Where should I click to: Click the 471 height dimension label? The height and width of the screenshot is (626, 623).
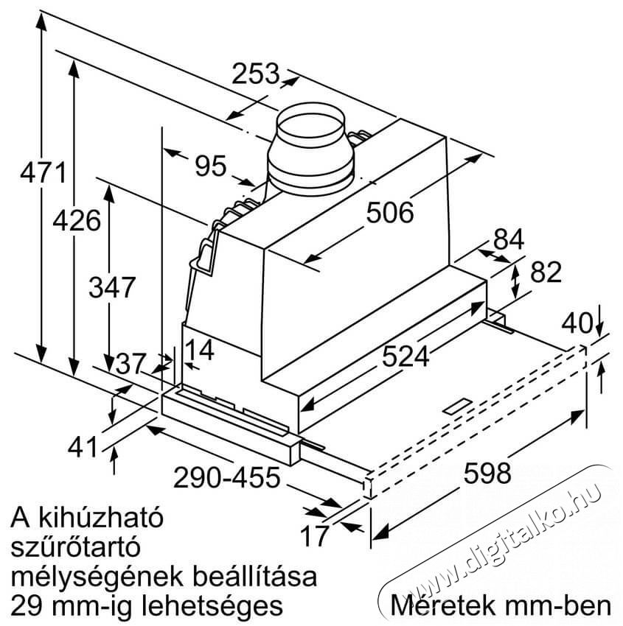(x=43, y=174)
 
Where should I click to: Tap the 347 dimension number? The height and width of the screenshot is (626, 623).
(x=112, y=286)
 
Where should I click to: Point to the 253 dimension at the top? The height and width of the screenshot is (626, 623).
(x=256, y=74)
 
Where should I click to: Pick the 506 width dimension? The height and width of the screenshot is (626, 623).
(x=389, y=213)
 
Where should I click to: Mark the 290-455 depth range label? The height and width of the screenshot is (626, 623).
(x=226, y=478)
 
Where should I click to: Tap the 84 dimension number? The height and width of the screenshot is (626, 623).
(x=509, y=239)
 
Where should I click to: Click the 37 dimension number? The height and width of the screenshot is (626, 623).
(x=132, y=363)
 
